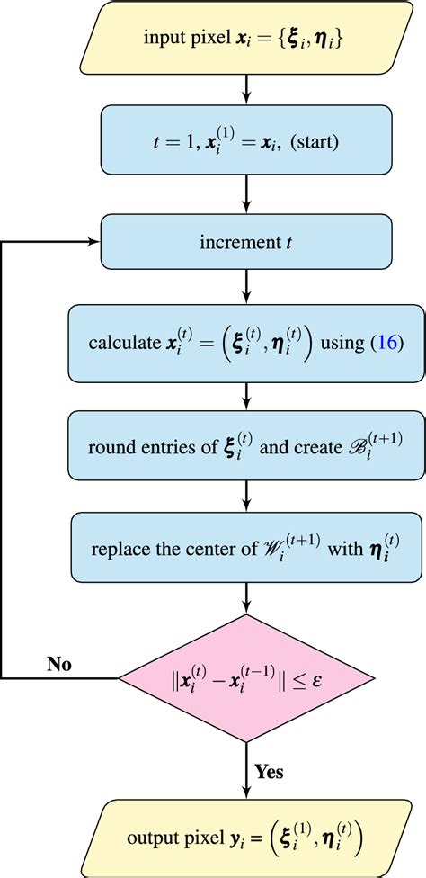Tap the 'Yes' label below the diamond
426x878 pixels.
[x=270, y=771]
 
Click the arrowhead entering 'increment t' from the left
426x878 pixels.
[x=93, y=241]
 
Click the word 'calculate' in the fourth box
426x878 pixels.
[x=120, y=344]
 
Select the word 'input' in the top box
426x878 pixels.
[x=164, y=40]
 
